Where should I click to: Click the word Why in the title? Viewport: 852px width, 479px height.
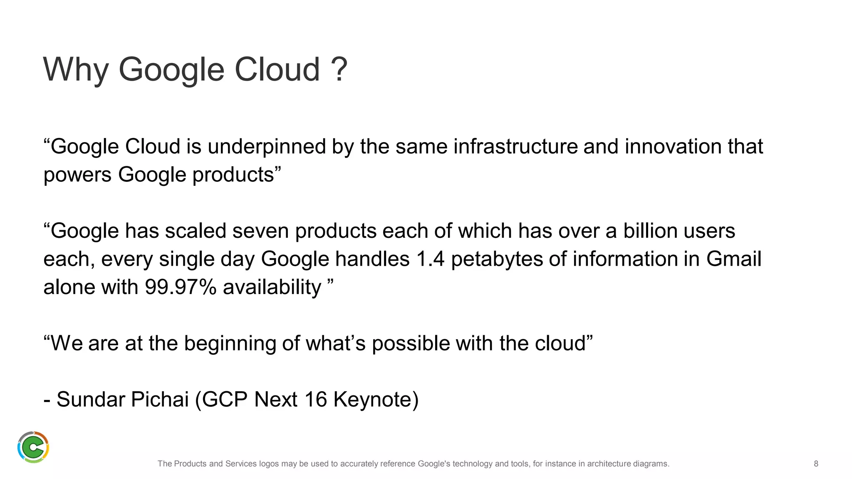tap(76, 70)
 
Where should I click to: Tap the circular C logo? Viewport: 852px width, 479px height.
tap(33, 447)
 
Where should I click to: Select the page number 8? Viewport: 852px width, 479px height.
tap(816, 464)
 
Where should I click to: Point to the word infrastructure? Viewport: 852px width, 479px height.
tap(515, 147)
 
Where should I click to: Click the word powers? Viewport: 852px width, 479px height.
tap(77, 175)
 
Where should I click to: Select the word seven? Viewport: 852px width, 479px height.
tap(260, 231)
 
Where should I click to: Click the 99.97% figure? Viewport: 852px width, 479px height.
tap(181, 287)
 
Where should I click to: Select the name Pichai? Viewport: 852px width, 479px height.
tap(160, 400)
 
